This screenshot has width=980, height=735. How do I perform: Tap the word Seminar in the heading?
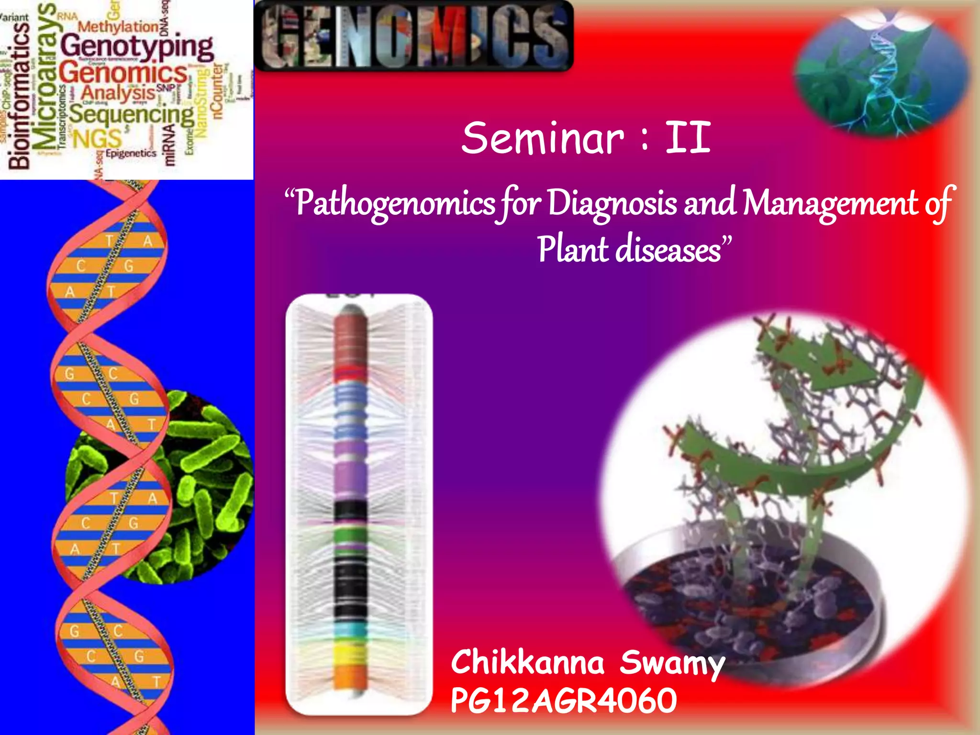(543, 139)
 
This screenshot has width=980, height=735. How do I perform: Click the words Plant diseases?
(629, 250)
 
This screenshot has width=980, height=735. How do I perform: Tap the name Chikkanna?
(527, 663)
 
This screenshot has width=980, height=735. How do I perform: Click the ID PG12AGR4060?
(564, 702)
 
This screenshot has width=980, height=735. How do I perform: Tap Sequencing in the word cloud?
(132, 115)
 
